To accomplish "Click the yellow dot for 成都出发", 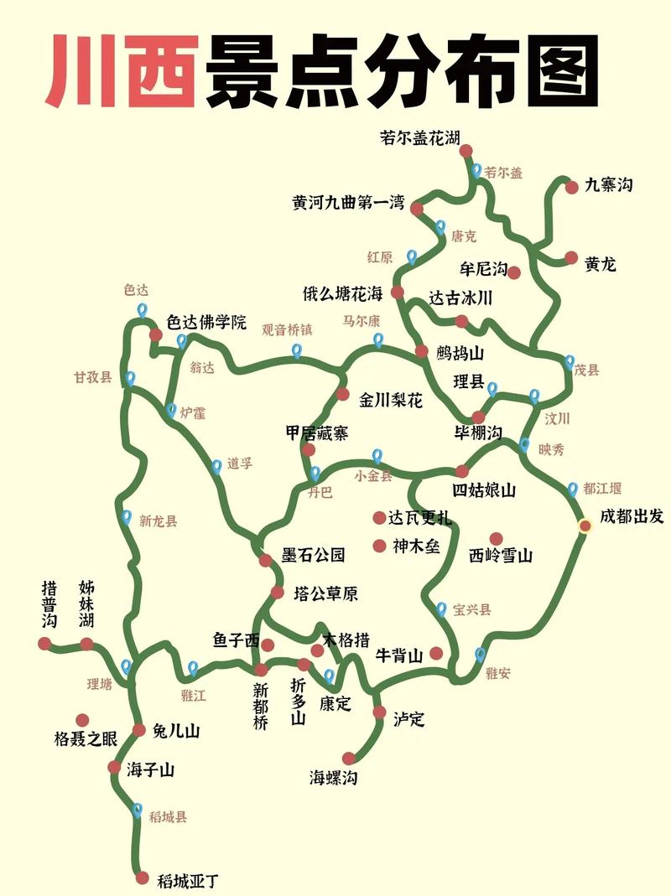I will [585, 526].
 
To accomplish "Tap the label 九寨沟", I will [608, 186].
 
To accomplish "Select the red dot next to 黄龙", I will [571, 258].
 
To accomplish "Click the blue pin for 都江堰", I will [573, 489].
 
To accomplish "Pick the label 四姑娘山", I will [485, 490].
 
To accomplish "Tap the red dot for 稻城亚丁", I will [142, 878].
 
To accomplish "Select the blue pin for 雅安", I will [481, 654].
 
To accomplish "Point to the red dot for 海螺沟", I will [349, 759].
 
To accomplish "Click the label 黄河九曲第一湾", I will [348, 203].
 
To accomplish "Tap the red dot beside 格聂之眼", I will [82, 719].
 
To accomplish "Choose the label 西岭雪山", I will [501, 555].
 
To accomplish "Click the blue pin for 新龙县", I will [126, 517].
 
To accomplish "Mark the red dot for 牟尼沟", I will [514, 272].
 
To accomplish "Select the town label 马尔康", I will [362, 320].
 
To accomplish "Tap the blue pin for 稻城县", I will [138, 810].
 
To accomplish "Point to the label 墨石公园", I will [314, 555].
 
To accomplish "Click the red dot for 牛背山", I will [435, 653].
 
